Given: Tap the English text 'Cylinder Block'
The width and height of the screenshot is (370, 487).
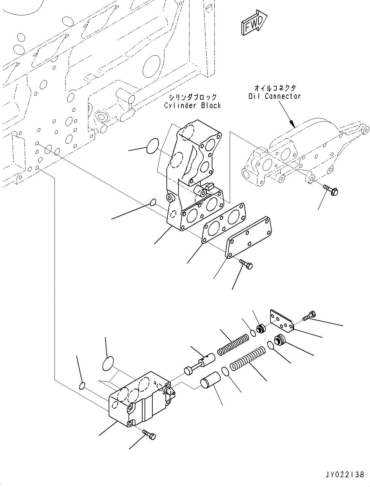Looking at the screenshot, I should [x=193, y=106].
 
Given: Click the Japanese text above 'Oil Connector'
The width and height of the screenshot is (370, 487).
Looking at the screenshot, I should [x=276, y=88].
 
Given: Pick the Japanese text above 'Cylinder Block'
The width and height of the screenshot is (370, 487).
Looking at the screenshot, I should [x=193, y=97].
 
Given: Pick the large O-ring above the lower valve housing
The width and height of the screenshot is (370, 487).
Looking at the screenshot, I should [x=108, y=364].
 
